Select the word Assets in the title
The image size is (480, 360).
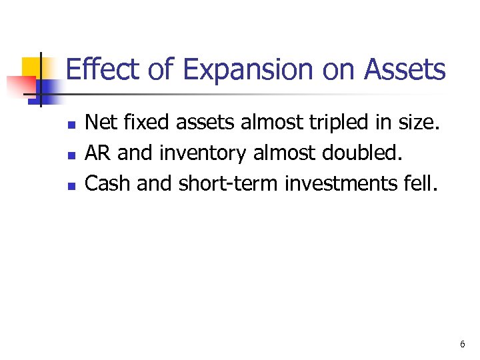[x=404, y=70]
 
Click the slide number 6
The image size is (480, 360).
[x=462, y=345]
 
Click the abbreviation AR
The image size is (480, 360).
[x=98, y=153]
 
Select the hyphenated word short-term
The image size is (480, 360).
[x=229, y=183]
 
